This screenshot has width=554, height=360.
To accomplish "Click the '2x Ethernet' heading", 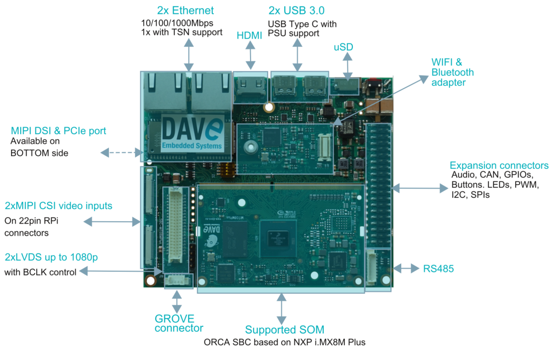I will [x=185, y=11].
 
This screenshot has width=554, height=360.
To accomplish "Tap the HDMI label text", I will [x=250, y=35].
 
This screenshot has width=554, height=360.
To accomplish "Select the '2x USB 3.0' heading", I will [x=296, y=11].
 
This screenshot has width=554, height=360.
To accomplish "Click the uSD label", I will [x=343, y=47].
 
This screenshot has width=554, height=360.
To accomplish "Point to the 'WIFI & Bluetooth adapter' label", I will [x=452, y=72].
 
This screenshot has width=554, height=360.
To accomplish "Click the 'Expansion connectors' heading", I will [x=499, y=165].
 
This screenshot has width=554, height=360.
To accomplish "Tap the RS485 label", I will [x=439, y=269].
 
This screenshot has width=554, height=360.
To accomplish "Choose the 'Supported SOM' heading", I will [x=284, y=330].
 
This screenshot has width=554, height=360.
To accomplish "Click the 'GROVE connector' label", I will [x=178, y=323].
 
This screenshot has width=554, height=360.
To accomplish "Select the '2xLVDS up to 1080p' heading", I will [x=51, y=257].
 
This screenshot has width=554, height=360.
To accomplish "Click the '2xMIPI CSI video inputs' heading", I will [x=58, y=206].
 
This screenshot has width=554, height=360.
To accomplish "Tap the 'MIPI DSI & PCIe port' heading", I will [x=58, y=131].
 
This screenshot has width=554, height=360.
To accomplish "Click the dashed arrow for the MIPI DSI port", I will [x=121, y=152].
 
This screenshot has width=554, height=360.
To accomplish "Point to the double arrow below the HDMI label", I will [x=250, y=55].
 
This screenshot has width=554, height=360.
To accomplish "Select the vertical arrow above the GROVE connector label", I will [x=176, y=301].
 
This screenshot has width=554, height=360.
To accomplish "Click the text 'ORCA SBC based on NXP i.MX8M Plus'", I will [x=284, y=342].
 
